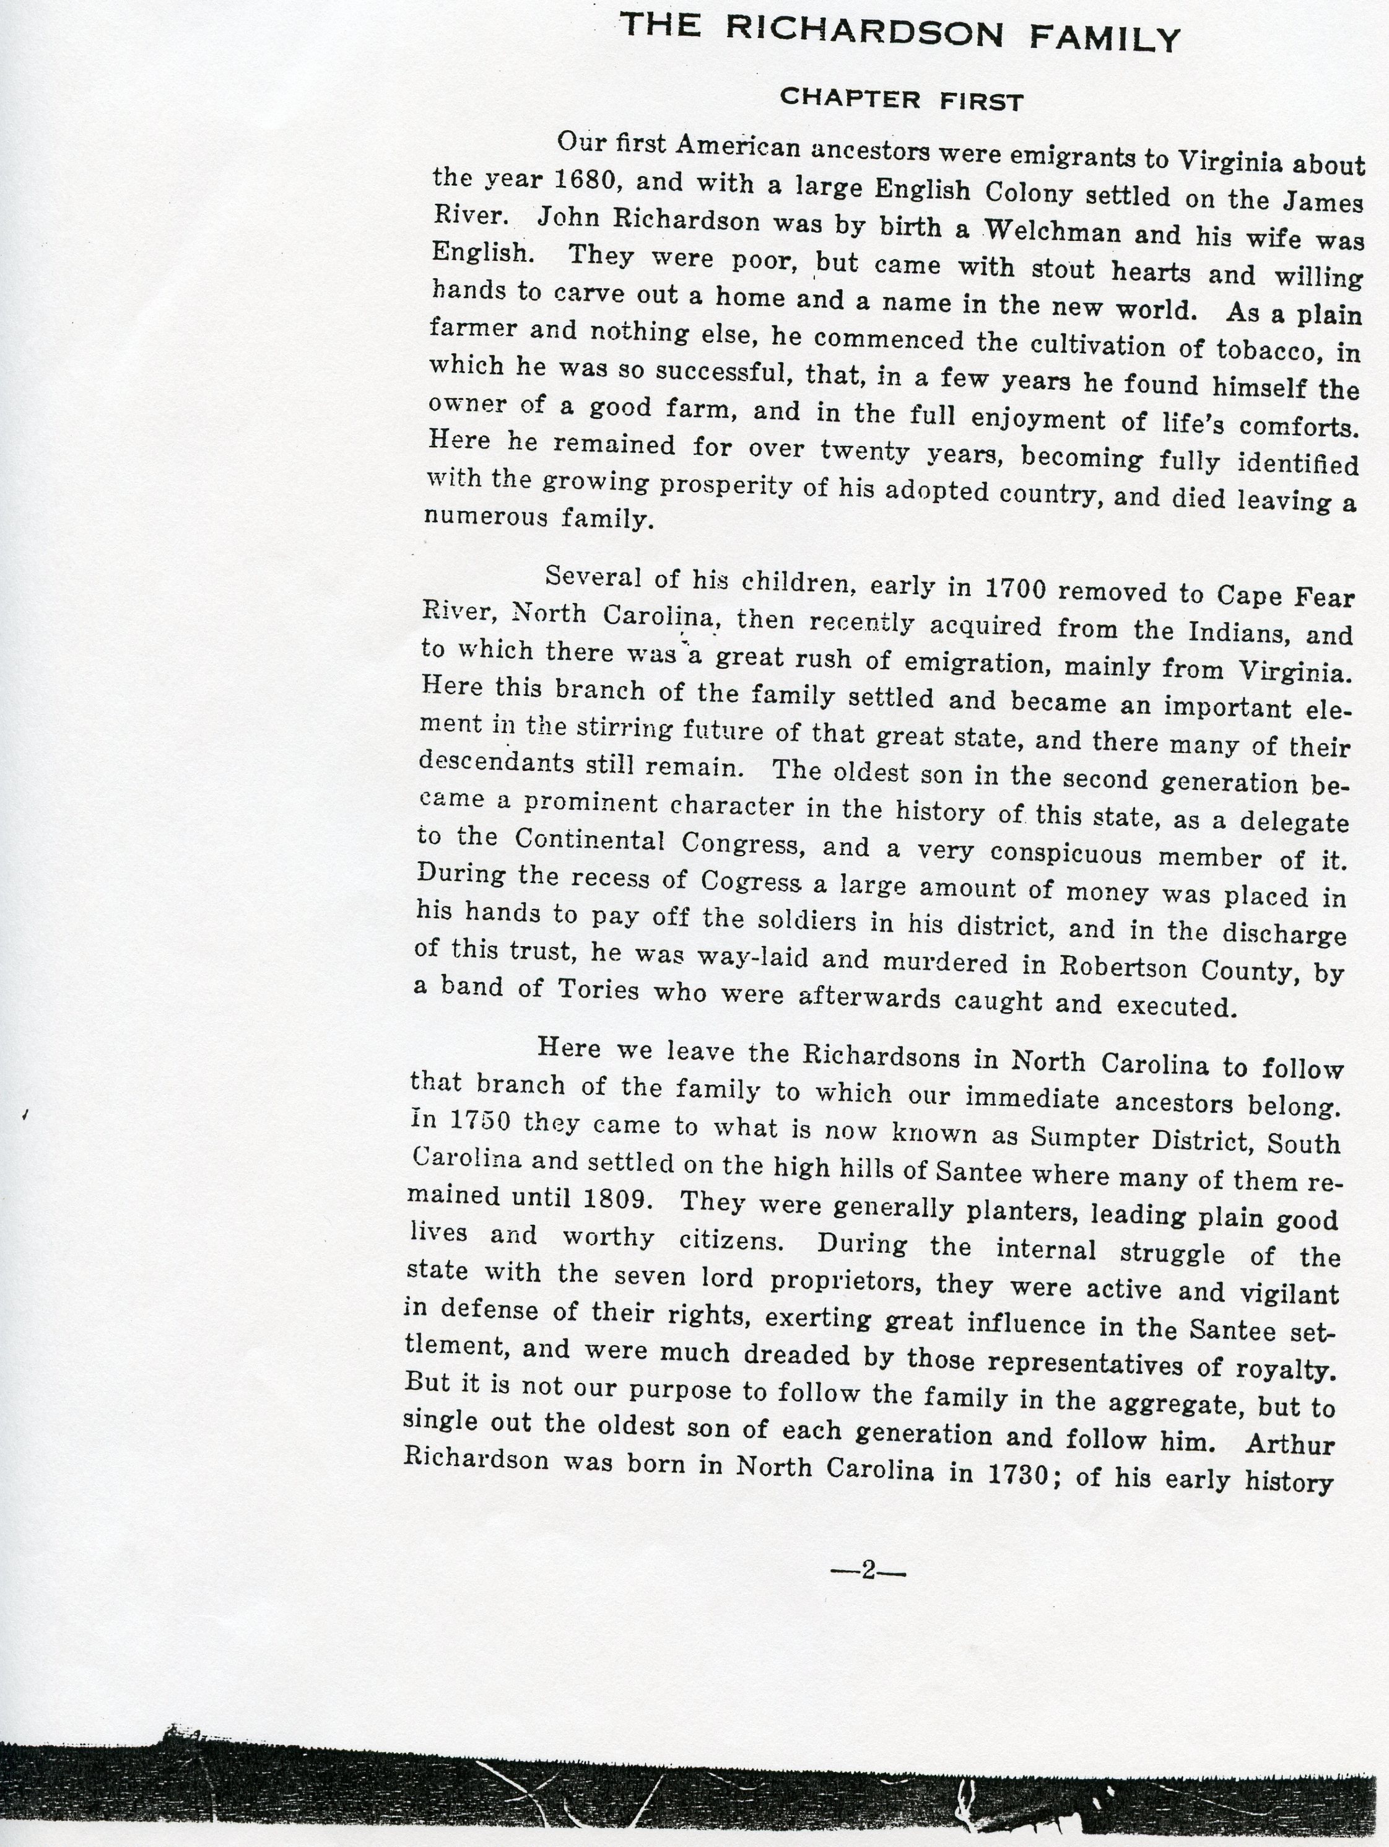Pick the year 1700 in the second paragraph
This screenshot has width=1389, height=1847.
coord(1015,589)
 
